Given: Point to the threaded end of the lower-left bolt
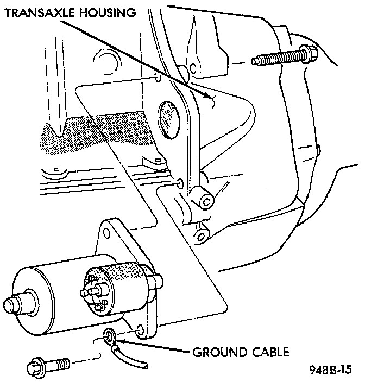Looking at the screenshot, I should [x=62, y=362].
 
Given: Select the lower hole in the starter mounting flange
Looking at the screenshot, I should [x=140, y=330].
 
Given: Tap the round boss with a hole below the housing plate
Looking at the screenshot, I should [x=206, y=202].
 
